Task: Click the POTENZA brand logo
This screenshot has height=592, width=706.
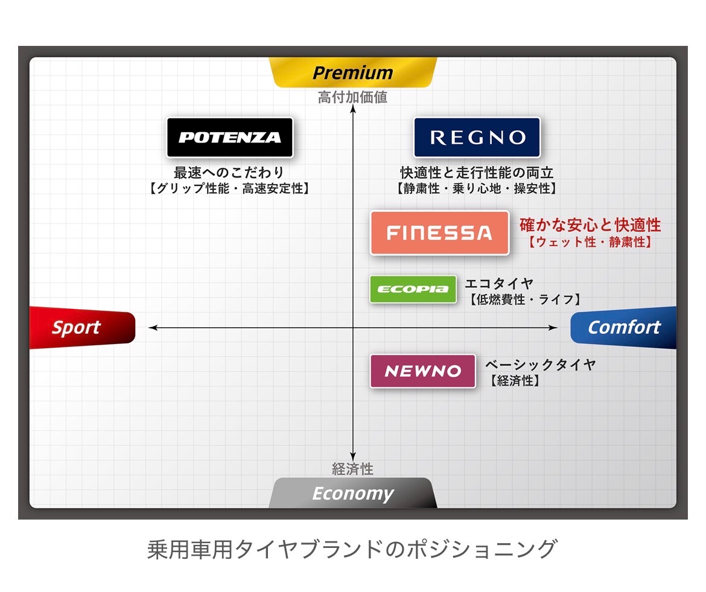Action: [x=230, y=138]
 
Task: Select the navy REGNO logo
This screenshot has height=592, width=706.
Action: [x=477, y=138]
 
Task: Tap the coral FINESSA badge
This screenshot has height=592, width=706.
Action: [x=439, y=233]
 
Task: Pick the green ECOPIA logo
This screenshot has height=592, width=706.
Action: [x=413, y=289]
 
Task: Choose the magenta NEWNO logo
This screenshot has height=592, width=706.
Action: [x=423, y=371]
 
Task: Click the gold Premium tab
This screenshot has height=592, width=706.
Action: [x=352, y=72]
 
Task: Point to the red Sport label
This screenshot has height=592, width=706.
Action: [x=82, y=327]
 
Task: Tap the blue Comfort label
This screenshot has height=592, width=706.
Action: [x=623, y=327]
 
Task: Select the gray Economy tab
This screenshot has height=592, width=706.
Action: [x=352, y=494]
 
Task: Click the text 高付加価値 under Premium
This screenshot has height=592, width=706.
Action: [x=352, y=97]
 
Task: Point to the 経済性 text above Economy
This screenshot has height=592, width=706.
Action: [x=352, y=469]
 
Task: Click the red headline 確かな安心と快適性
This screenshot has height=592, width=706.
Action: [x=590, y=224]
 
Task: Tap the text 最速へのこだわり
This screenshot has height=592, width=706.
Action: [x=229, y=172]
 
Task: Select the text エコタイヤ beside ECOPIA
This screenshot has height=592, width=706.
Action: [x=499, y=283]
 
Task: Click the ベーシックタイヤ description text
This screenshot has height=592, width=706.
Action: [x=540, y=364]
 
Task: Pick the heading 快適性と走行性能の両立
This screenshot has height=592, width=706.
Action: [x=477, y=173]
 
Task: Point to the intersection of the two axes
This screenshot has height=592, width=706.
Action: [x=353, y=328]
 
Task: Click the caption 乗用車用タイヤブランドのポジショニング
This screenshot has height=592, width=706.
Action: [x=352, y=549]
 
